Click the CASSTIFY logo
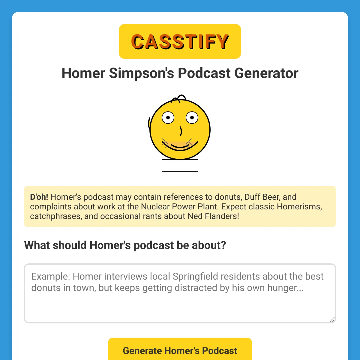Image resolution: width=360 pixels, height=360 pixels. (x=180, y=41)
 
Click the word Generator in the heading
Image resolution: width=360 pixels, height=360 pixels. (x=266, y=73)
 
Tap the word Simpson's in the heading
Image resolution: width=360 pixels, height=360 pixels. (x=141, y=73)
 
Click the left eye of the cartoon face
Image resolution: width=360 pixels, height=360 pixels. (x=168, y=118)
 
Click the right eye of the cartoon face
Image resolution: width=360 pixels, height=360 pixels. (x=192, y=118)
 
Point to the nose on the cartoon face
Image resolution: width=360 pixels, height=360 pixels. (x=181, y=131)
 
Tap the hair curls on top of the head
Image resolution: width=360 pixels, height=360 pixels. (x=179, y=98)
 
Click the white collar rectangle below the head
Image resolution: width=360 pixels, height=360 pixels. (x=180, y=165)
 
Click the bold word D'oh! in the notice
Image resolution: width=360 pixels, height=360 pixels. (x=39, y=197)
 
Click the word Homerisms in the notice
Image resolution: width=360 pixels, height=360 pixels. (x=299, y=207)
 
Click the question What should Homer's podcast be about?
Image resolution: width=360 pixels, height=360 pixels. (x=125, y=245)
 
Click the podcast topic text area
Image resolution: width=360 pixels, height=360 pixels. (x=180, y=293)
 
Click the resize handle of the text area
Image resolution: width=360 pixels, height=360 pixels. (x=332, y=319)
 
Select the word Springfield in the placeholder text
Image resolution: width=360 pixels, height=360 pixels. (x=195, y=277)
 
